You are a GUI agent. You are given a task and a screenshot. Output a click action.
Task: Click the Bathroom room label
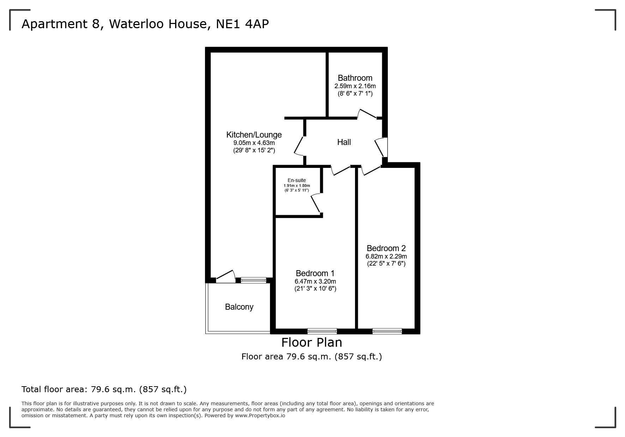tap(355, 78)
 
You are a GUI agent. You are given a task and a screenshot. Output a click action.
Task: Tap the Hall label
tap(344, 142)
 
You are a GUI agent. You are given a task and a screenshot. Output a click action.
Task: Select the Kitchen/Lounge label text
tap(254, 135)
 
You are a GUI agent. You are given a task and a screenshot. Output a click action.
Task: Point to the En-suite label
tap(297, 180)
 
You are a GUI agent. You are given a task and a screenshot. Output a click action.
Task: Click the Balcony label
tap(239, 307)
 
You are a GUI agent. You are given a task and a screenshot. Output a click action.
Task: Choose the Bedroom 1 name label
tap(315, 273)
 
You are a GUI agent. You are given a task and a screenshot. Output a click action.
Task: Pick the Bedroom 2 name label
tap(386, 248)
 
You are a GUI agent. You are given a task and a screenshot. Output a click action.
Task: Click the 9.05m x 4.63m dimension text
tap(254, 143)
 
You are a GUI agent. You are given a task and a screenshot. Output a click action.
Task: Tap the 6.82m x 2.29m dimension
tap(386, 256)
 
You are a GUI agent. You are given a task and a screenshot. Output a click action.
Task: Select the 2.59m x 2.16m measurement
tap(355, 86)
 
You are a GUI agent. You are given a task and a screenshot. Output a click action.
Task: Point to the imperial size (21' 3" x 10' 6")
tap(315, 289)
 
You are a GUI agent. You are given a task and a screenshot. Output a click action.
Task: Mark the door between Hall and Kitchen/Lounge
tap(300, 146)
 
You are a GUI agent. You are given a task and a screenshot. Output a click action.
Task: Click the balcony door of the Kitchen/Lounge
tap(226, 276)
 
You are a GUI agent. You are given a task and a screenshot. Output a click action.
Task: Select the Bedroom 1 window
tap(322, 331)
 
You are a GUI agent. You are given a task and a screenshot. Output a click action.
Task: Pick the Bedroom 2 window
tap(387, 331)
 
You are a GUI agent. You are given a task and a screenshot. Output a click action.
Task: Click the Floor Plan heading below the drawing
tap(312, 342)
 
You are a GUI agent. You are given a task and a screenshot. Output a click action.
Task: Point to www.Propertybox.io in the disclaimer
tap(260, 415)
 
